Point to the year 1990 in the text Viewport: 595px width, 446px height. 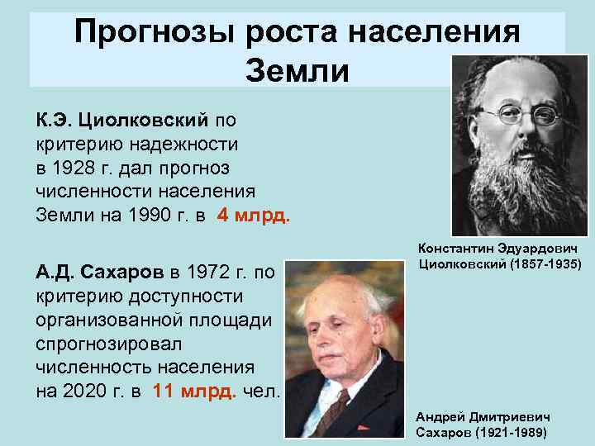[x=141, y=216]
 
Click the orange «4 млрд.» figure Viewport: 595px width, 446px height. [x=253, y=216]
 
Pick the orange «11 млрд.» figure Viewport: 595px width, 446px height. [x=193, y=391]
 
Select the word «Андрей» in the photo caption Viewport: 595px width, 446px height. [x=439, y=418]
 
